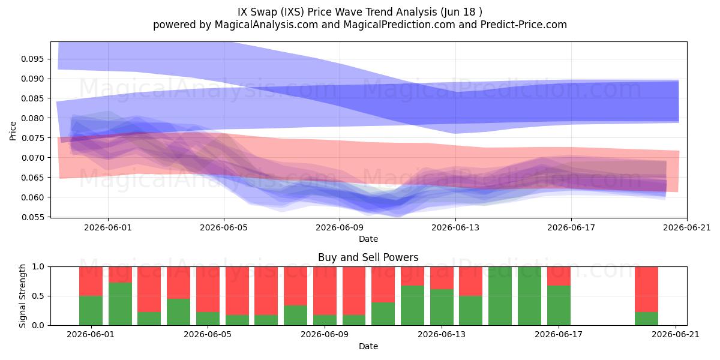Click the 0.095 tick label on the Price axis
pyautogui.click(x=32, y=59)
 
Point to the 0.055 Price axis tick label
pyautogui.click(x=32, y=218)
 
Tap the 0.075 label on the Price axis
pyautogui.click(x=32, y=138)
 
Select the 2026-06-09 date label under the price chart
pyautogui.click(x=340, y=227)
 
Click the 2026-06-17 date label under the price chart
pyautogui.click(x=571, y=227)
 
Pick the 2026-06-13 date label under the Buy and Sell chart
pyautogui.click(x=442, y=335)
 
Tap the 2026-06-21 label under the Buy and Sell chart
pyautogui.click(x=676, y=335)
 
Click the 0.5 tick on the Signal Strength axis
pyautogui.click(x=38, y=296)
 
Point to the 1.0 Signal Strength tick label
pyautogui.click(x=38, y=267)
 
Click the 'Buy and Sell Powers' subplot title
pyautogui.click(x=368, y=257)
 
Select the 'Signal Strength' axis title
pyautogui.click(x=22, y=296)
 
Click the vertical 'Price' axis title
pyautogui.click(x=13, y=131)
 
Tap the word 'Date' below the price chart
pyautogui.click(x=368, y=239)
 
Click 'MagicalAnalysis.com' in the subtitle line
pyautogui.click(x=266, y=25)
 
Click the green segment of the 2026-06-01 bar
pyautogui.click(x=91, y=311)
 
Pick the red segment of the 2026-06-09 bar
pyautogui.click(x=325, y=291)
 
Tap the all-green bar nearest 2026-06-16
pyautogui.click(x=529, y=296)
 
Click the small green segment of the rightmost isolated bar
pyautogui.click(x=646, y=319)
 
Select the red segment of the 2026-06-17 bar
pyautogui.click(x=559, y=276)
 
